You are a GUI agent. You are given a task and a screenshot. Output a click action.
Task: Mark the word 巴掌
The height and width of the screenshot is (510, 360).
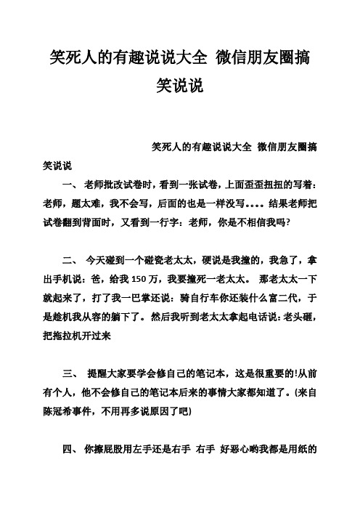tap(152, 298)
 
